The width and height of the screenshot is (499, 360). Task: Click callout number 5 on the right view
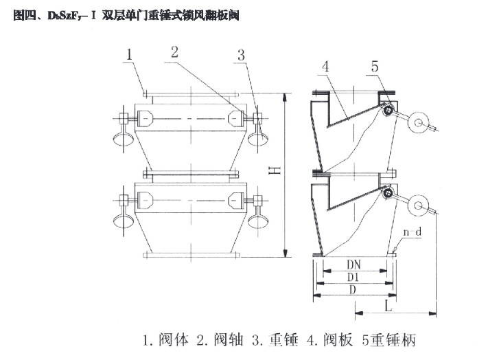coord(374,67)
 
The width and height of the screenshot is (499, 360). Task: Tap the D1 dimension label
coord(353,277)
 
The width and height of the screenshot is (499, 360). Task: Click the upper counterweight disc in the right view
coord(418,123)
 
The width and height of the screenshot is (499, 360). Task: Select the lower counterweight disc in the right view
coord(418,205)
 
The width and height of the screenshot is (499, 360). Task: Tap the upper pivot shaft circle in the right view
coord(388,111)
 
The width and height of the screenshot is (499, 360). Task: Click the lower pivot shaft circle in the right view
coord(388,194)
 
